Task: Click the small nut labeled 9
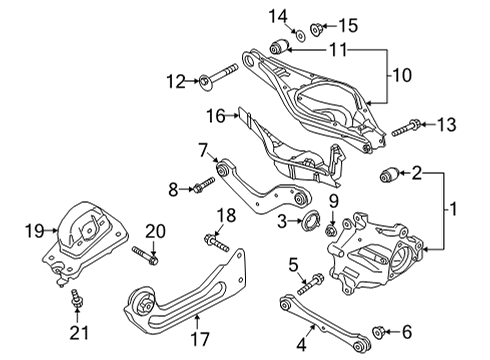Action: (x=330, y=231)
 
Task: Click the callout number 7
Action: (x=203, y=151)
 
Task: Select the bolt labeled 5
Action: (x=311, y=277)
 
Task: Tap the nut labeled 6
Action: (x=377, y=330)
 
